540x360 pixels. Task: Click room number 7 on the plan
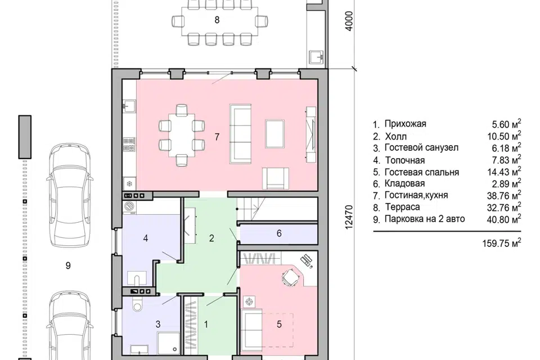[217, 137]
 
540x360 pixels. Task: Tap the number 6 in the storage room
[279, 233]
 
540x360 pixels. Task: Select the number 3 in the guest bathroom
[158, 324]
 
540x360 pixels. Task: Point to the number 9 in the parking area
[68, 265]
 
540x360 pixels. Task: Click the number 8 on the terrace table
[217, 20]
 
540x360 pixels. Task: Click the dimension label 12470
[349, 217]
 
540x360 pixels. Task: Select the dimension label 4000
[349, 22]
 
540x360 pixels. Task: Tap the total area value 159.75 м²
[501, 242]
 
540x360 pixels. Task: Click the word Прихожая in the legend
[406, 124]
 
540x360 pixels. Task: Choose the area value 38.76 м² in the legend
[504, 195]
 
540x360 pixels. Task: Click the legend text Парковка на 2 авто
[425, 219]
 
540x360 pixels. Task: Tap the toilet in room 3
[138, 304]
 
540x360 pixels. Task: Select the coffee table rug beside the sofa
[274, 134]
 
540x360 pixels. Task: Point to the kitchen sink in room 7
[130, 105]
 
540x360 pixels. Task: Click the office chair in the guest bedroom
[290, 277]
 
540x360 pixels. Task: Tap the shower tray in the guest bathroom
[169, 343]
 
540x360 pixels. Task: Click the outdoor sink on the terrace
[316, 57]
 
